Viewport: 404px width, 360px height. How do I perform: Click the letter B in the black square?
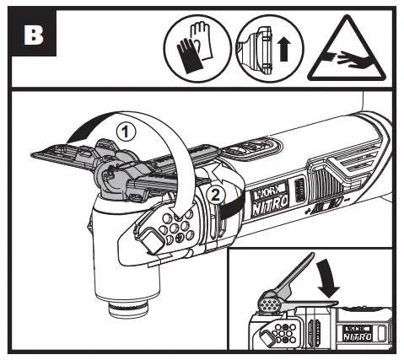point(35,37)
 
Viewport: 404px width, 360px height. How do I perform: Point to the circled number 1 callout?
point(124,132)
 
